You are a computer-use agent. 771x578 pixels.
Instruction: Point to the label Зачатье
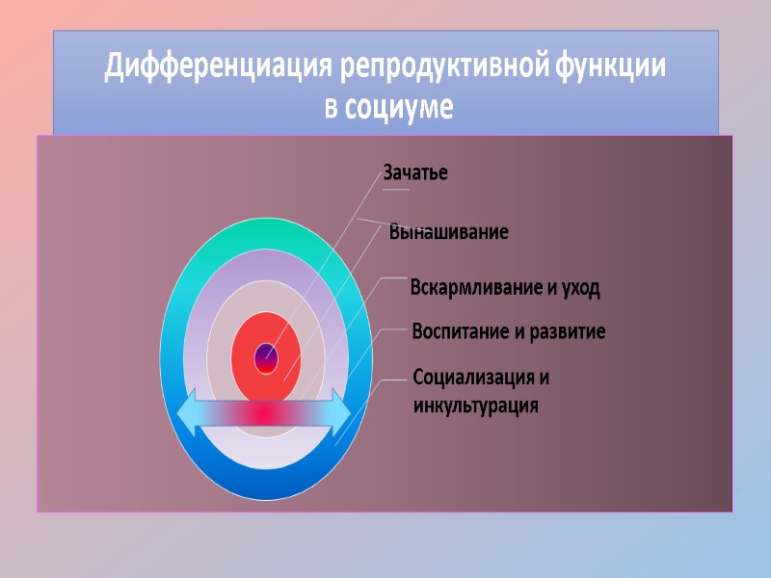(x=415, y=173)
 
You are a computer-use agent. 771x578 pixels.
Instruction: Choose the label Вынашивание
(x=449, y=232)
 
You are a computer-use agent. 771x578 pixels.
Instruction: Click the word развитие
(x=567, y=332)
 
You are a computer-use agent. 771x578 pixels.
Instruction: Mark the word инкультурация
(x=475, y=405)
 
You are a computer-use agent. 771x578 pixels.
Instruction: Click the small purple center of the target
(x=266, y=357)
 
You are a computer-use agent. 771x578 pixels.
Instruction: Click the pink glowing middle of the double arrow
(x=264, y=411)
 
